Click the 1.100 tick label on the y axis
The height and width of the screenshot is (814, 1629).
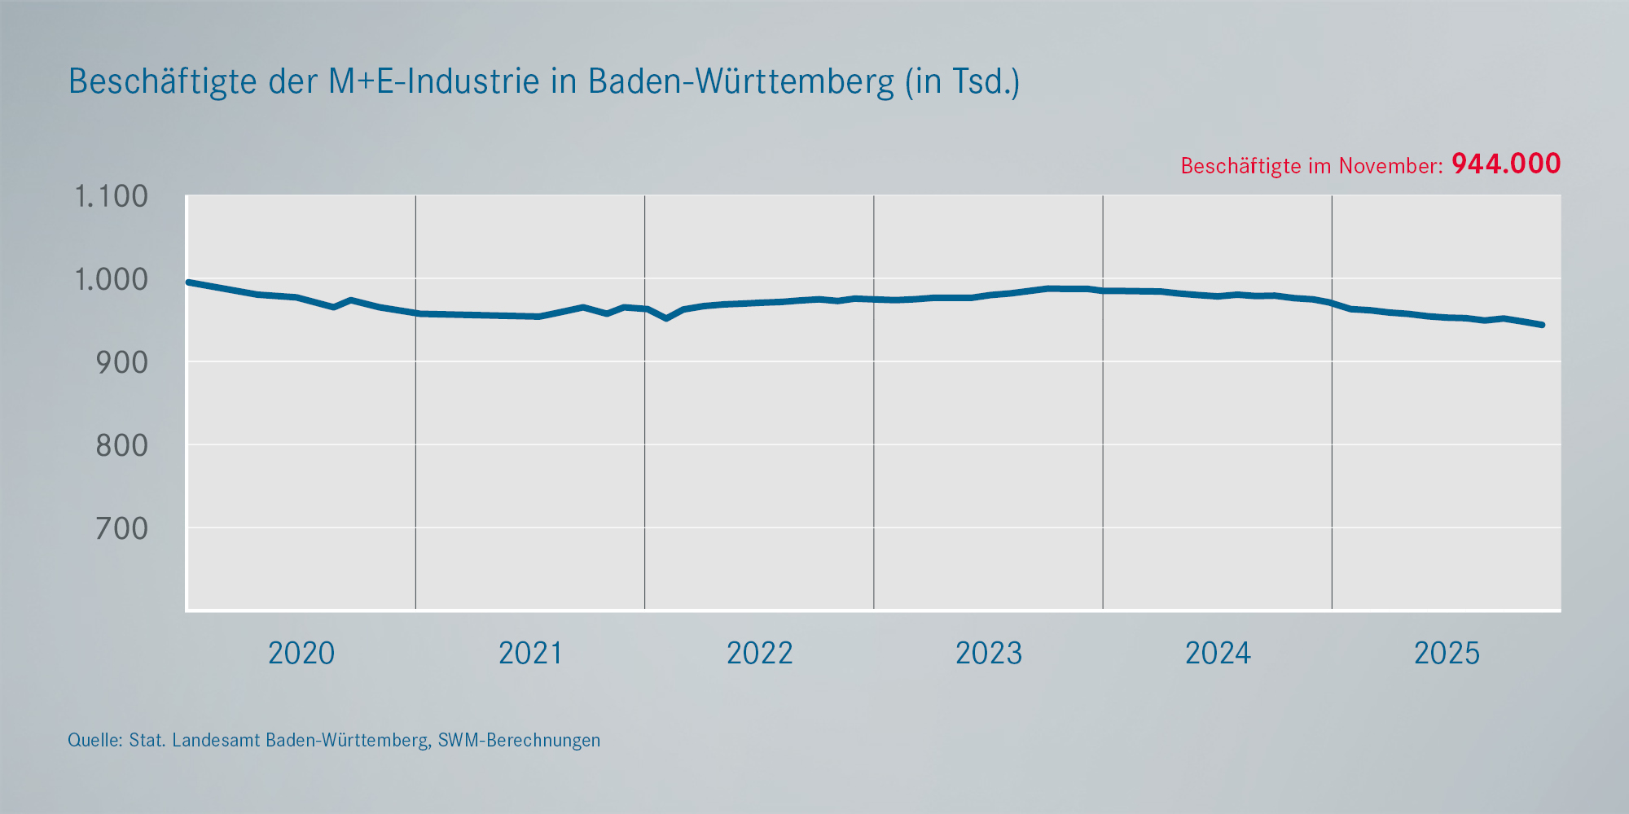click(x=112, y=197)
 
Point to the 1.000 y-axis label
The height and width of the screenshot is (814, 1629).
click(x=112, y=280)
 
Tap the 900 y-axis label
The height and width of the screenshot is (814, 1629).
click(x=122, y=363)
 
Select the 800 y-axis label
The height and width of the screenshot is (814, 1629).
click(x=122, y=446)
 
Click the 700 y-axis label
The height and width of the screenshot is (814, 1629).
click(x=122, y=529)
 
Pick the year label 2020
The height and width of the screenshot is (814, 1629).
click(x=301, y=654)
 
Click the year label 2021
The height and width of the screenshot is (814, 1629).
click(x=530, y=654)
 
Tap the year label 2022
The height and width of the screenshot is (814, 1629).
click(x=759, y=654)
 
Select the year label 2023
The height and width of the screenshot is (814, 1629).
click(x=988, y=654)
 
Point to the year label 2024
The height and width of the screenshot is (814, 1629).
click(x=1218, y=654)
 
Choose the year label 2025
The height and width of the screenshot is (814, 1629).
click(x=1447, y=654)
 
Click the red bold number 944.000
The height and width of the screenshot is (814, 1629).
click(x=1506, y=164)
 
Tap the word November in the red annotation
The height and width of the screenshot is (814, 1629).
click(x=1390, y=166)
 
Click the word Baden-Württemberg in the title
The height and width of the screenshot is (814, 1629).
click(x=740, y=82)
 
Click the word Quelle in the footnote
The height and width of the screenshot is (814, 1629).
click(x=94, y=741)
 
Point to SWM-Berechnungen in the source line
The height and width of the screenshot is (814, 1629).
click(x=519, y=741)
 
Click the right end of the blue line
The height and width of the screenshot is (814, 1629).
click(x=1542, y=325)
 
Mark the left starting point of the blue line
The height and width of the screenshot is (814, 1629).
click(x=189, y=282)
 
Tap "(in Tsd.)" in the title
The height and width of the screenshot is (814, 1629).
click(x=962, y=82)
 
